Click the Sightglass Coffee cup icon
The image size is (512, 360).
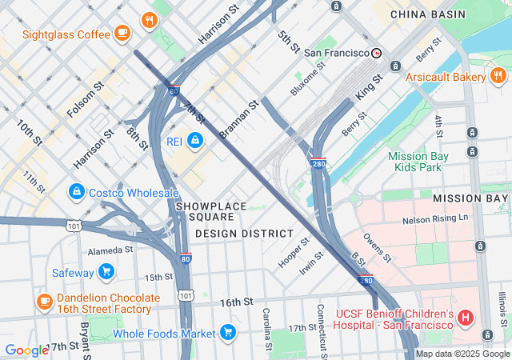pyautogui.click(x=122, y=33)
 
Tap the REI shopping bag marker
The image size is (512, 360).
pyautogui.click(x=194, y=141)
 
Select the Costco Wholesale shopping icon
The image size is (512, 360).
pyautogui.click(x=76, y=192)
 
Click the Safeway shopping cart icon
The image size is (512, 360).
pyautogui.click(x=106, y=272)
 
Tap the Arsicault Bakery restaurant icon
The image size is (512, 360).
pyautogui.click(x=498, y=76)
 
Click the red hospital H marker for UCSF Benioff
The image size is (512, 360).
pyautogui.click(x=466, y=319)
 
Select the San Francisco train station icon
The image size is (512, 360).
pyautogui.click(x=376, y=53)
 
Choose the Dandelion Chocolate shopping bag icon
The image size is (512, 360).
pyautogui.click(x=44, y=302)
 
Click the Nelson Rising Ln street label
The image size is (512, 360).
pyautogui.click(x=435, y=218)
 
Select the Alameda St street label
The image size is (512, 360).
pyautogui.click(x=110, y=250)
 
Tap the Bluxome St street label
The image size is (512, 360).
pyautogui.click(x=308, y=78)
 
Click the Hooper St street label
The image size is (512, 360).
pyautogui.click(x=294, y=252)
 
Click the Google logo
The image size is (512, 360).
pyautogui.click(x=26, y=350)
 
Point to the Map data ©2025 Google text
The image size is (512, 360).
pyautogui.click(x=462, y=354)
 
